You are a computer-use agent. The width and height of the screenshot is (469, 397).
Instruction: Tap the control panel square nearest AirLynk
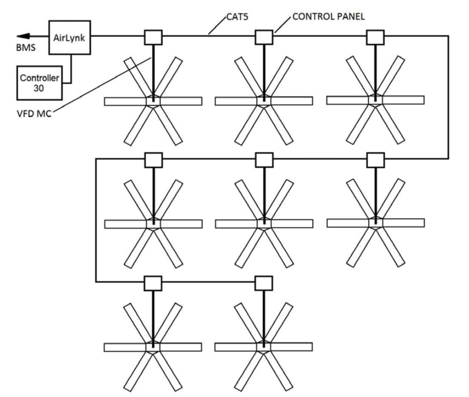click(153, 36)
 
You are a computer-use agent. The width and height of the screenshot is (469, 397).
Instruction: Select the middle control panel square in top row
click(264, 36)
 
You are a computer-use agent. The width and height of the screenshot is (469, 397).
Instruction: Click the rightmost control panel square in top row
click(375, 36)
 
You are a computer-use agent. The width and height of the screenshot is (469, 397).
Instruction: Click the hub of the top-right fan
click(375, 99)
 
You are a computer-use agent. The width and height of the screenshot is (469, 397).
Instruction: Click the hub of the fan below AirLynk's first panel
click(153, 100)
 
